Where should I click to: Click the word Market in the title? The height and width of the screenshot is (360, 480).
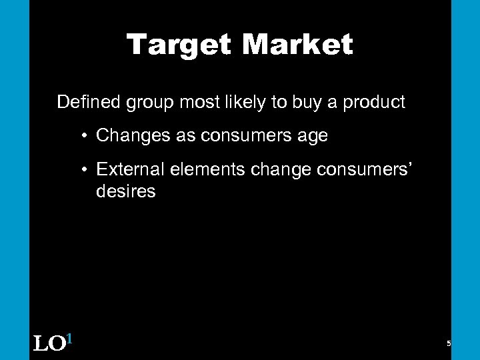pos(297,45)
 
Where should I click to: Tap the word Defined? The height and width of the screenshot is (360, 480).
pos(85,102)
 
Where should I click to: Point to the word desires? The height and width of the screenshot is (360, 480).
pos(126,192)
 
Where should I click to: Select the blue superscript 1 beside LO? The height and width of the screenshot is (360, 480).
pos(69,339)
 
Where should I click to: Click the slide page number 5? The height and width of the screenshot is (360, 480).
pos(449,343)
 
